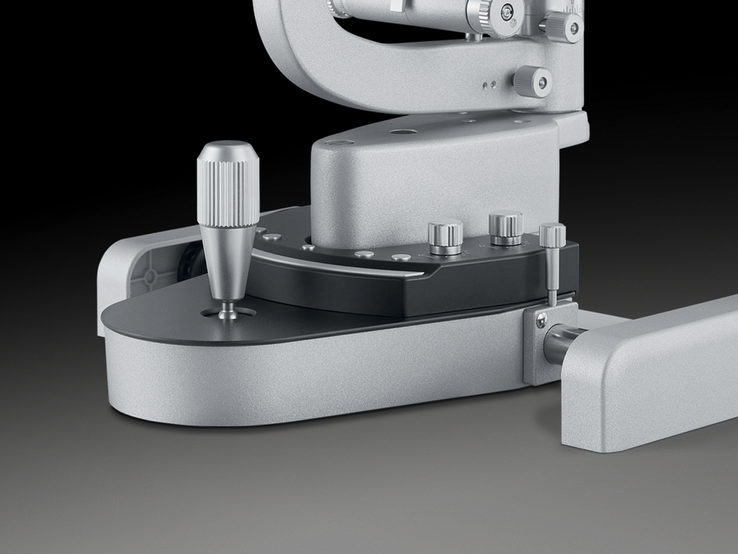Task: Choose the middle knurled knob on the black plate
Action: pyautogui.click(x=506, y=229)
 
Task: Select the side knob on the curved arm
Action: pyautogui.click(x=533, y=81)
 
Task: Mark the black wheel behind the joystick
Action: pyautogui.click(x=186, y=267)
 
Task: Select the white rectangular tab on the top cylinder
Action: pyautogui.click(x=395, y=6)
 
